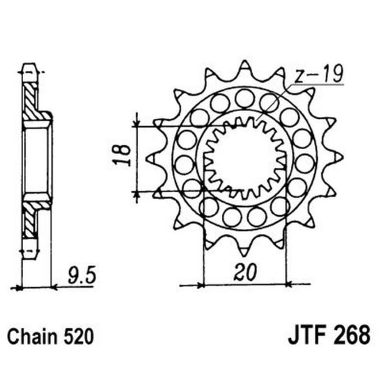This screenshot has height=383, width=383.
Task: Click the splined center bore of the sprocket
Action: click(244, 157)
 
